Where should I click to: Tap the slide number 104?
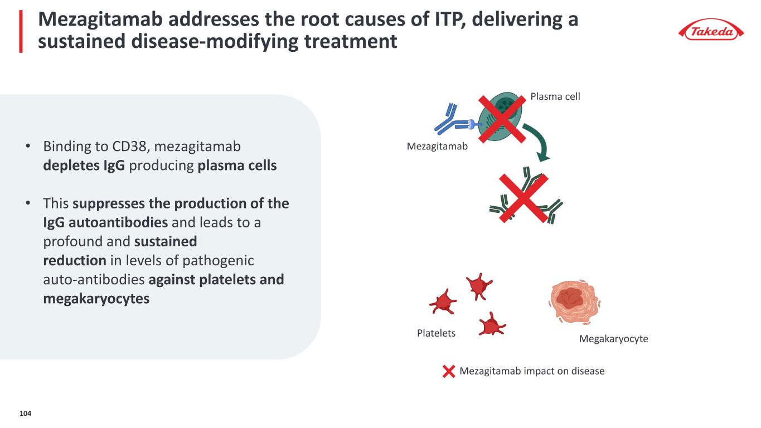pos(25,414)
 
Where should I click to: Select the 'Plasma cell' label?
pos(555,96)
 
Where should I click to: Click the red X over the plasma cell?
pos(502,119)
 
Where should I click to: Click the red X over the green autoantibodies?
pos(524,198)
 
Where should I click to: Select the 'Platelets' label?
pos(436,333)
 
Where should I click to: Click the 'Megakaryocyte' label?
pos(613,338)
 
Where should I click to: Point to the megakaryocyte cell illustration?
pos(574,301)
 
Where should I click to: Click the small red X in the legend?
pos(449,371)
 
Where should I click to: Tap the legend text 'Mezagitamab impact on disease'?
pos(532,371)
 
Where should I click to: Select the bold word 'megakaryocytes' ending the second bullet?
pos(96,299)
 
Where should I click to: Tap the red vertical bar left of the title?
pos(21,31)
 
